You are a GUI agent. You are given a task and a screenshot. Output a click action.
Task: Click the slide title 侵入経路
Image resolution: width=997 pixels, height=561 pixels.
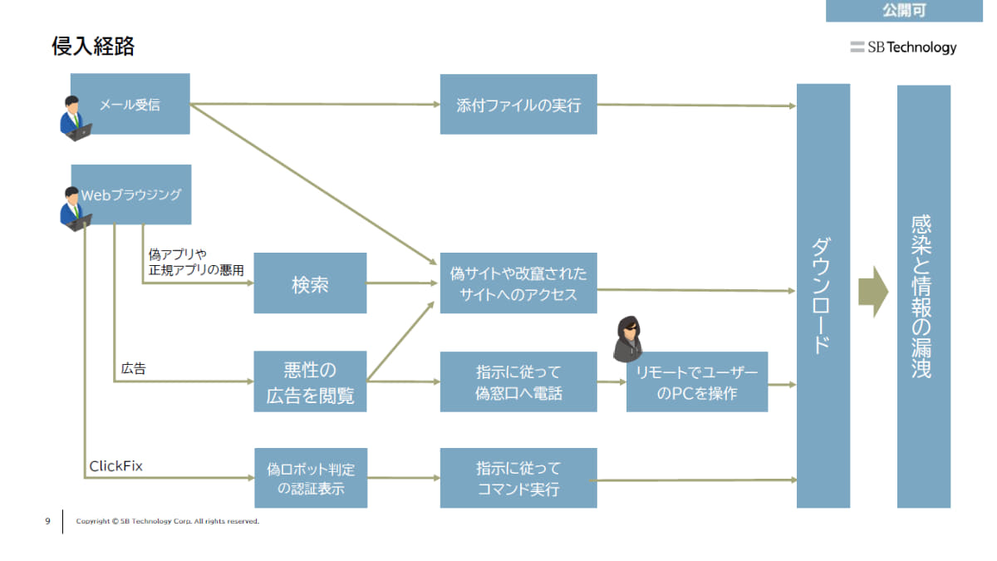93,47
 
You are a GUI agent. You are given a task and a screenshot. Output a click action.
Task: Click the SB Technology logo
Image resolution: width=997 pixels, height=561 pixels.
903,47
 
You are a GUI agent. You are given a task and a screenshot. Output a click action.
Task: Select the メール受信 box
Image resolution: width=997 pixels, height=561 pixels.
130,104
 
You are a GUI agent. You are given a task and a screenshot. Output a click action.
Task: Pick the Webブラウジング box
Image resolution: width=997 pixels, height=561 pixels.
131,194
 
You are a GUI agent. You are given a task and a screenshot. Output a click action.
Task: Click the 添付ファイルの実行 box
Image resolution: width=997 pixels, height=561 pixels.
518,105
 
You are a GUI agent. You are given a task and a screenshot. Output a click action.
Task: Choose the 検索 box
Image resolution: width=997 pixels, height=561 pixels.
310,283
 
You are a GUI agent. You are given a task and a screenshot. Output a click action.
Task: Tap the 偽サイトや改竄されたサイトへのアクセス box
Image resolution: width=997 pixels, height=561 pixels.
518,283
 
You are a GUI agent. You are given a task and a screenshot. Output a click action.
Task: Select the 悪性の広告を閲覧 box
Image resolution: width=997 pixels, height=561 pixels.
310,382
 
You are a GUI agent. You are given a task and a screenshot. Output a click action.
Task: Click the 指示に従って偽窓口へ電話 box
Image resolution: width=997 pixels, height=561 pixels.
518,382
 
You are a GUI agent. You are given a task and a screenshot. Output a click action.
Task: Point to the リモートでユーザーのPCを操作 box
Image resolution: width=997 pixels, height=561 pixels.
697,382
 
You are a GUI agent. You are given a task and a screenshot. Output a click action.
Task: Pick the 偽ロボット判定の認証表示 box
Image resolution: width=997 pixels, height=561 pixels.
310,479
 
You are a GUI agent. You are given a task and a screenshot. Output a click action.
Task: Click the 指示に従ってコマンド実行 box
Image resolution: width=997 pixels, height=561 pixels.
518,479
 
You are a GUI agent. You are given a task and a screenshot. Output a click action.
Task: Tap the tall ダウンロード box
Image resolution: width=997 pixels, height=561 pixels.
823,296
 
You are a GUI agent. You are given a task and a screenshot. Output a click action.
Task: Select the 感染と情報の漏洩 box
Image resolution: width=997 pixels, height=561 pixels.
923,296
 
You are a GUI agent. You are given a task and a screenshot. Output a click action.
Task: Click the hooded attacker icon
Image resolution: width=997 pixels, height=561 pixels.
628,339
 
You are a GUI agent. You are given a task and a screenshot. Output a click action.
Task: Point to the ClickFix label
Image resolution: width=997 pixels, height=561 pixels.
115,466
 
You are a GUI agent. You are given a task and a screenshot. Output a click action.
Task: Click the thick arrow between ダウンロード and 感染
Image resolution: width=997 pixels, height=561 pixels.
873,293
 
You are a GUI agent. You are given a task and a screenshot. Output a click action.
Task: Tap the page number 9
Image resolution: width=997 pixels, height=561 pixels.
47,521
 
